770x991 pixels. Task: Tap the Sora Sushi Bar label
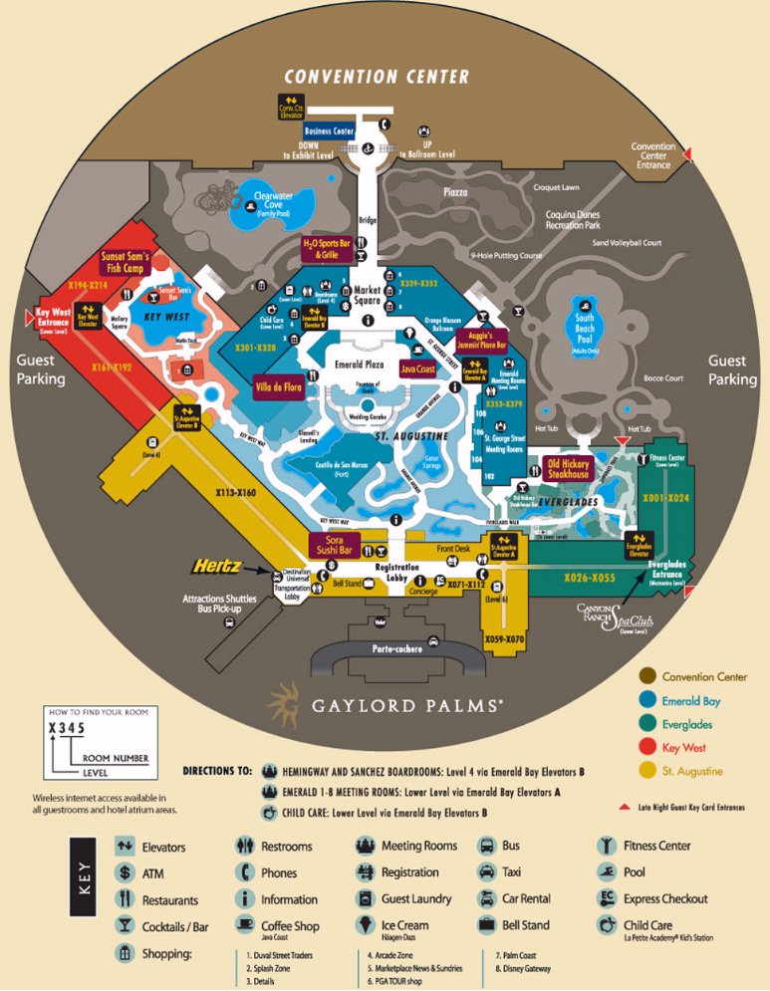[335, 544]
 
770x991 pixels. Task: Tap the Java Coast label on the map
[418, 369]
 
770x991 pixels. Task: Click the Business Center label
[330, 130]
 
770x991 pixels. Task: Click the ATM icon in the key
[125, 873]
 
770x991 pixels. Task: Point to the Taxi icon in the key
[485, 872]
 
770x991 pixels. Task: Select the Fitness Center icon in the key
[604, 847]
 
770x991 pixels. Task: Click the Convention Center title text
[377, 77]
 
